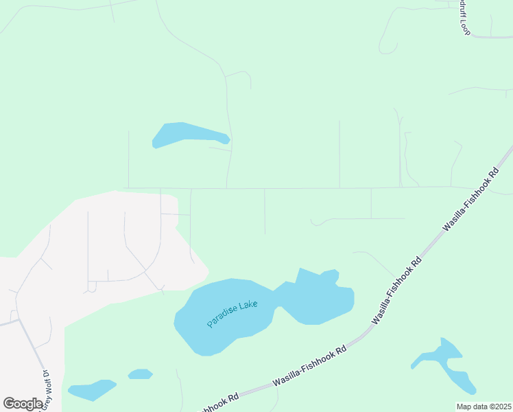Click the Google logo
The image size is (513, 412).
[x=23, y=404]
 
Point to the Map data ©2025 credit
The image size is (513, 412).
[x=484, y=407]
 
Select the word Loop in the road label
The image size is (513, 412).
[x=464, y=27]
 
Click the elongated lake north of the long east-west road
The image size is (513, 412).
[x=185, y=133]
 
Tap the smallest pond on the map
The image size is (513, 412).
[x=140, y=374]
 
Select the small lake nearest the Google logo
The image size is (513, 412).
[x=92, y=389]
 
